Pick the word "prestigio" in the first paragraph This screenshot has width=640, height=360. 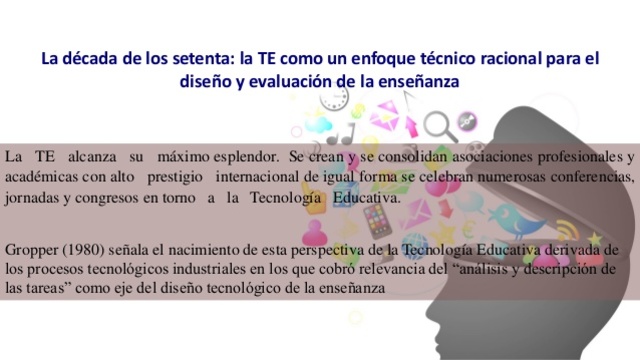coord(171,178)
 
